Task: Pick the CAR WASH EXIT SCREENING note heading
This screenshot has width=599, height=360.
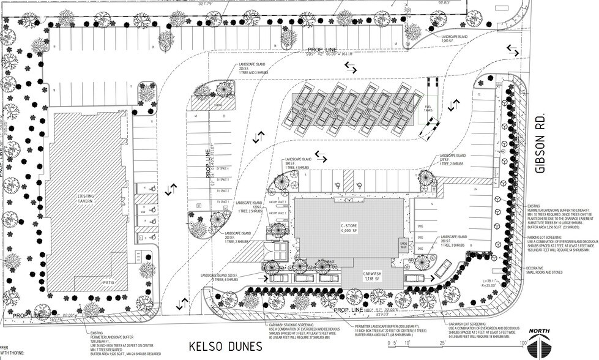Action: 467,324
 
